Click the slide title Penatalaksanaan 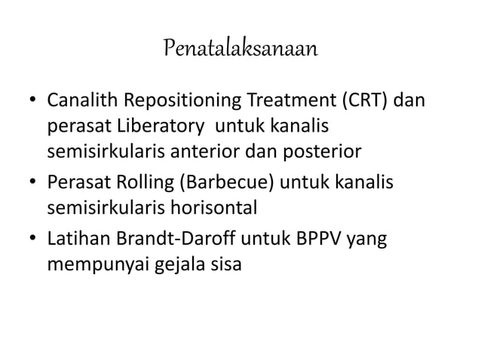[x=240, y=50]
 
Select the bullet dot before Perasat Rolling [x=33, y=182]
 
